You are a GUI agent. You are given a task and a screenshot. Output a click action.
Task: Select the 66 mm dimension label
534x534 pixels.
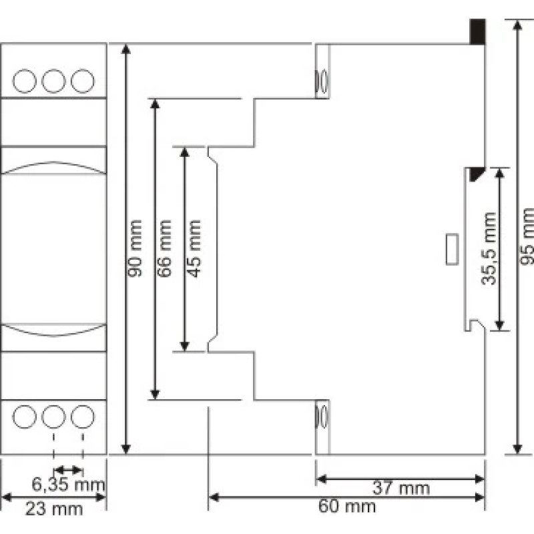164,248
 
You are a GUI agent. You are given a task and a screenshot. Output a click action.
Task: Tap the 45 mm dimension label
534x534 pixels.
194,248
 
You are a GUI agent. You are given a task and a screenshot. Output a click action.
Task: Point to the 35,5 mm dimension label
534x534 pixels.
489,248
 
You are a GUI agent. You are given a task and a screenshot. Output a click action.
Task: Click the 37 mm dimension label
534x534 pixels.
401,488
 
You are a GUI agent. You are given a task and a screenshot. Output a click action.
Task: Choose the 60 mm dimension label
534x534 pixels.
347,506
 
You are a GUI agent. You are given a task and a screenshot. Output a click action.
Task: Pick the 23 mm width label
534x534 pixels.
54,509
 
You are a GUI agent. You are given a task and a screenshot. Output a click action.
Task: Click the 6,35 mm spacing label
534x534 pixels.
68,485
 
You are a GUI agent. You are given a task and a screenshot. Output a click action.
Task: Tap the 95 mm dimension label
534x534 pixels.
527,236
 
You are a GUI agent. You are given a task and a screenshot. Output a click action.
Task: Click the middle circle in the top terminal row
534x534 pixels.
53,81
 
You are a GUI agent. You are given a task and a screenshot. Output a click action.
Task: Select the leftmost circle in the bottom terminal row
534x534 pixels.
24,417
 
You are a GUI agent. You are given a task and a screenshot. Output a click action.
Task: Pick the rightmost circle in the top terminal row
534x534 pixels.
82,81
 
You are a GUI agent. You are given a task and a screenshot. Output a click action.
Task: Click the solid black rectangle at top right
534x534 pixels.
477,31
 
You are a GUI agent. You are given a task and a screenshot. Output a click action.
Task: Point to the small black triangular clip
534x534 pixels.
475,174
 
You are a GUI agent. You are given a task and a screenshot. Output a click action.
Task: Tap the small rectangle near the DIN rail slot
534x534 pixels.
452,249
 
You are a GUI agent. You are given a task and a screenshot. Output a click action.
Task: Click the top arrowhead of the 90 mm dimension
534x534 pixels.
126,49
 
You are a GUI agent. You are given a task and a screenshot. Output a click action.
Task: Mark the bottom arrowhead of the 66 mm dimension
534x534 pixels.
155,394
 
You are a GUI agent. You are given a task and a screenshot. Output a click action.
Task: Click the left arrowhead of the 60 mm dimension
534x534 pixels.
214,497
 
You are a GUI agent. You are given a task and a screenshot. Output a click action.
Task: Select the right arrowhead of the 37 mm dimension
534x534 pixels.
479,479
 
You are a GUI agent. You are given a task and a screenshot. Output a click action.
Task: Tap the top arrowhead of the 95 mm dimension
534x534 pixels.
518,26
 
